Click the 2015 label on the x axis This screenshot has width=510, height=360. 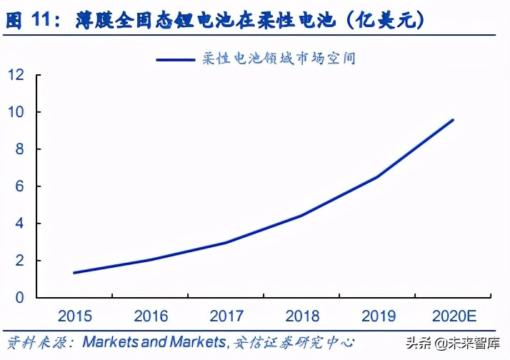pos(75,316)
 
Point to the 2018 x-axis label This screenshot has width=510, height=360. pos(301,316)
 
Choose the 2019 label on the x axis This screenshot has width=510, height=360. pos(377,316)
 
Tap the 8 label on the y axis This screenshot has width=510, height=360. pos(20,149)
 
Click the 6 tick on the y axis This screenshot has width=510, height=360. pos(20,186)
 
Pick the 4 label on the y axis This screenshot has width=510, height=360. pos(20,224)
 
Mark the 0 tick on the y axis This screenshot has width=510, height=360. pos(20,298)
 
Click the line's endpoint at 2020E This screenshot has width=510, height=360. pos(453,120)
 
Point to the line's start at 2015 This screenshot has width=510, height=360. pos(74,272)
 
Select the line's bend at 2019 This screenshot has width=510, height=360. pos(377,176)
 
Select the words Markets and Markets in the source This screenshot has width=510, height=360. pos(154,341)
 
